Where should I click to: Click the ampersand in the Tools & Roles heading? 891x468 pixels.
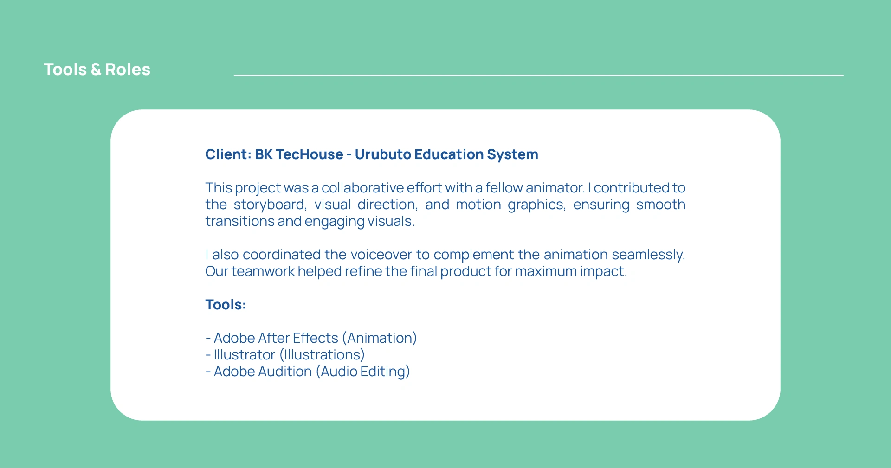[x=96, y=70]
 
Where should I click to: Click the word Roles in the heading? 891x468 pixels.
[x=128, y=70]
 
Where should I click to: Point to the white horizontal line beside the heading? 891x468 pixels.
[x=538, y=75]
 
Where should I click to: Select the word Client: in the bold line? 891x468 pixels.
[x=228, y=154]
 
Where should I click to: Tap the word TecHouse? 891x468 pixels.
[x=309, y=154]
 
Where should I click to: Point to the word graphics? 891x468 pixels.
[x=536, y=205]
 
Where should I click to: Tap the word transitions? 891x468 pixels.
[x=240, y=221]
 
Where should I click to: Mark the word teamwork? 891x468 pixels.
[x=263, y=271]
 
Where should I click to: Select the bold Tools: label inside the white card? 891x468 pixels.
[x=226, y=305]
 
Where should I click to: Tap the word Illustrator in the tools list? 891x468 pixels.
[x=244, y=355]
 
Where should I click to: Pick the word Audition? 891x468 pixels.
[x=285, y=372]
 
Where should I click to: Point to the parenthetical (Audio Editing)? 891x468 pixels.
[x=363, y=372]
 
